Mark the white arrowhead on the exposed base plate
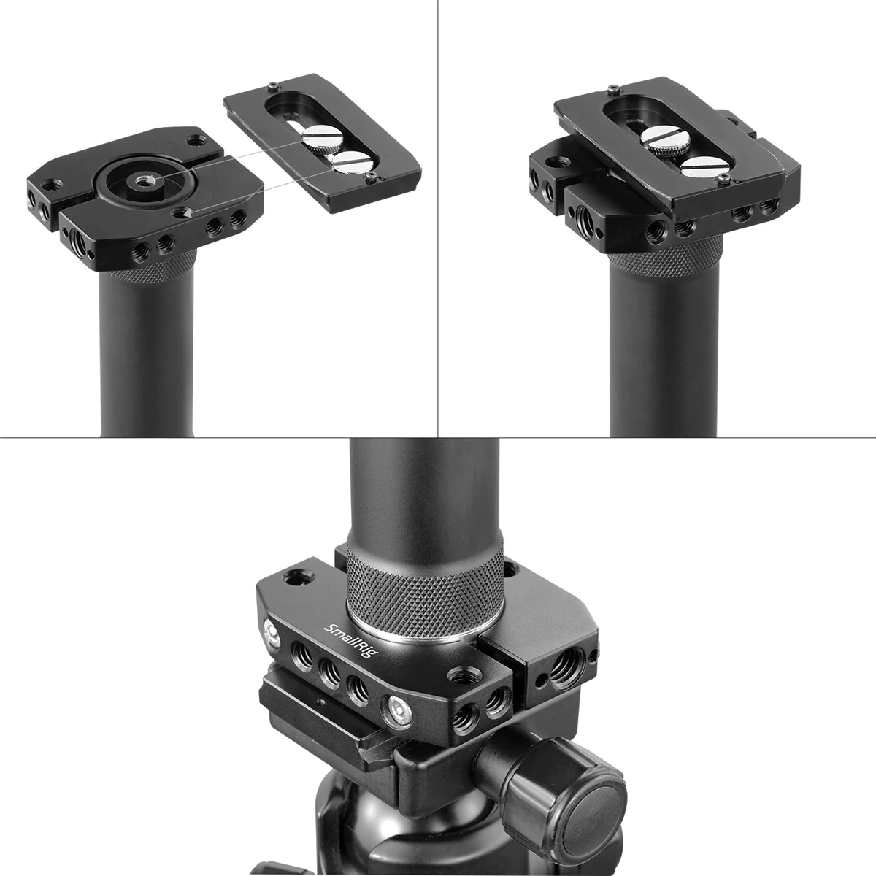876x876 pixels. [185, 212]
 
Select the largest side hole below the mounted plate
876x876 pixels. [587, 218]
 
